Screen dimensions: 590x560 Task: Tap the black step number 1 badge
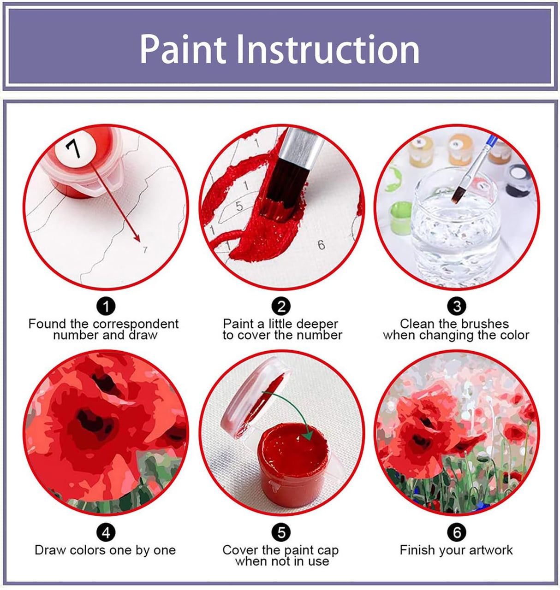106,306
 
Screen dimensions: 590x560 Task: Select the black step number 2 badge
281,306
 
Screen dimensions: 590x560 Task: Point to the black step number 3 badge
457,306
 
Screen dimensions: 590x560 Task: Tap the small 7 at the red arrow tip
145,249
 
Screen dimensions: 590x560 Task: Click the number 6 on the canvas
321,244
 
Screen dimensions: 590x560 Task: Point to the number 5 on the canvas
239,206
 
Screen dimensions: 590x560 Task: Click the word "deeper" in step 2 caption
316,324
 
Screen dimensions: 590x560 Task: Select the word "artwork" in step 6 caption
490,550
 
